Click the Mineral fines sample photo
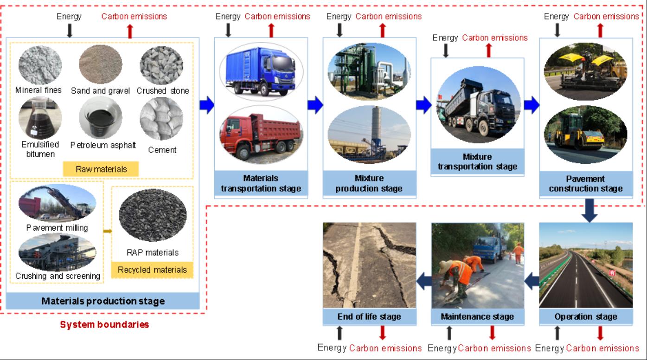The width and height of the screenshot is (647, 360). pyautogui.click(x=40, y=65)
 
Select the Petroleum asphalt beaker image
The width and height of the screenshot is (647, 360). pyautogui.click(x=101, y=117)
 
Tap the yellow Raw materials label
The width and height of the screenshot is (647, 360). pyautogui.click(x=101, y=169)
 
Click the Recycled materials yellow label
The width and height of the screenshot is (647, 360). pyautogui.click(x=152, y=270)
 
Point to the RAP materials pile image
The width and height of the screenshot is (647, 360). pyautogui.click(x=153, y=215)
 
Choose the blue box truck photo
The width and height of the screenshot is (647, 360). pyautogui.click(x=261, y=71)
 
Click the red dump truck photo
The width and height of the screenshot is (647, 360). pyautogui.click(x=261, y=135)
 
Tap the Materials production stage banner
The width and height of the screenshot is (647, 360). pyautogui.click(x=103, y=301)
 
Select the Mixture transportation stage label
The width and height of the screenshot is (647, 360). pyautogui.click(x=477, y=162)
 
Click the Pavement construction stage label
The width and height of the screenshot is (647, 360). pyautogui.click(x=586, y=184)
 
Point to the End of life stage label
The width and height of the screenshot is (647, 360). pyautogui.click(x=370, y=317)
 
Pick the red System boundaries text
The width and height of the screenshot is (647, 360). pyautogui.click(x=104, y=324)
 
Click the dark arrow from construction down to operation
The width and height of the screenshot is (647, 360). pyautogui.click(x=589, y=210)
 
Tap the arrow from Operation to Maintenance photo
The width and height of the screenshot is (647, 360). pyautogui.click(x=532, y=281)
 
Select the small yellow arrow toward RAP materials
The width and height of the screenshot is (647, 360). pyautogui.click(x=108, y=231)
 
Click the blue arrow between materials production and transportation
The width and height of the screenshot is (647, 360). pyautogui.click(x=207, y=105)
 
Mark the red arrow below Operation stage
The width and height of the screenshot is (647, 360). pyautogui.click(x=600, y=333)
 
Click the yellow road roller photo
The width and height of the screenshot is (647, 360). pyautogui.click(x=585, y=135)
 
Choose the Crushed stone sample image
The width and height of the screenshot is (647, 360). pyautogui.click(x=161, y=65)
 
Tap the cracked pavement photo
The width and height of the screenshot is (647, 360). pyautogui.click(x=370, y=265)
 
